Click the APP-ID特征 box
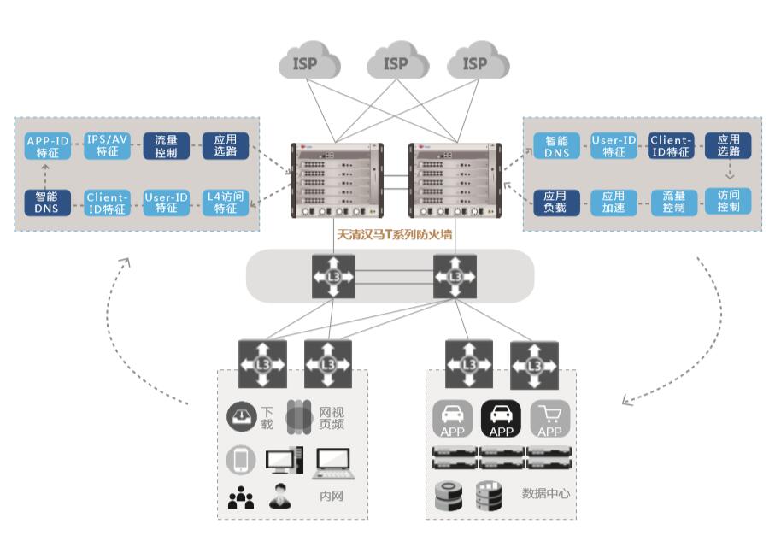pyautogui.click(x=47, y=146)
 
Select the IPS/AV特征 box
pyautogui.click(x=107, y=146)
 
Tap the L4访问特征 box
pyautogui.click(x=226, y=203)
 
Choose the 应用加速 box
pyautogui.click(x=613, y=202)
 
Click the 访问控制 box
pyautogui.click(x=728, y=202)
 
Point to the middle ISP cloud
pyautogui.click(x=396, y=64)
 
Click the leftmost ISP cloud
pyautogui.click(x=309, y=64)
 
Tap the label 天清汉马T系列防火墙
pyautogui.click(x=394, y=233)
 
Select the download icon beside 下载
pyautogui.click(x=242, y=417)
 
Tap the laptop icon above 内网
pyautogui.click(x=332, y=463)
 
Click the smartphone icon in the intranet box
pyautogui.click(x=241, y=461)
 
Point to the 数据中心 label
pyautogui.click(x=546, y=494)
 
